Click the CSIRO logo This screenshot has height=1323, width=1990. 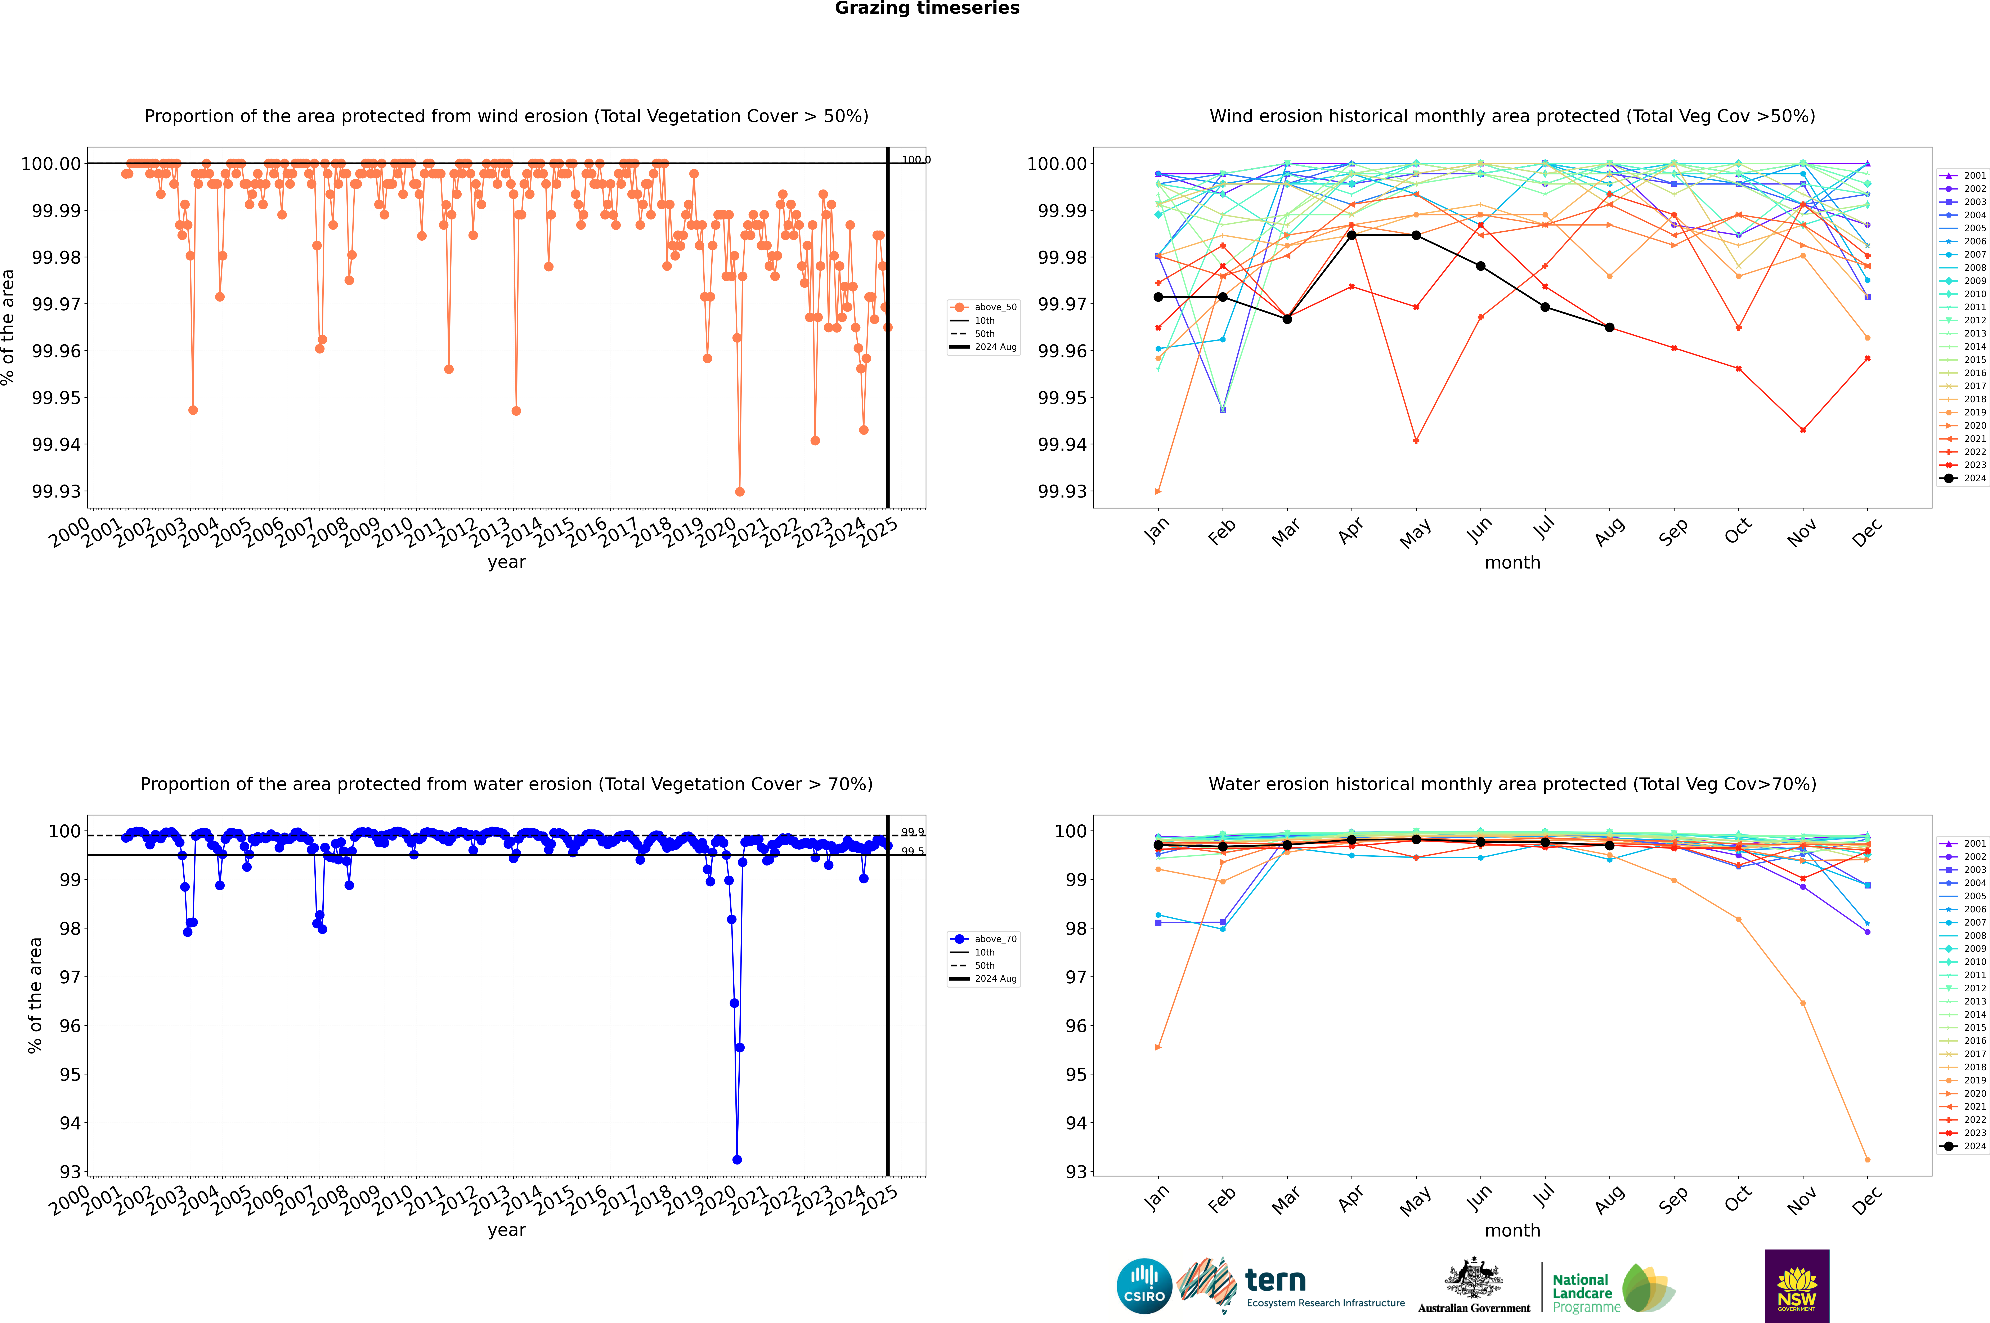pos(1144,1286)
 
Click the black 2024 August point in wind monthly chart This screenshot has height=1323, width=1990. pos(1610,327)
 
